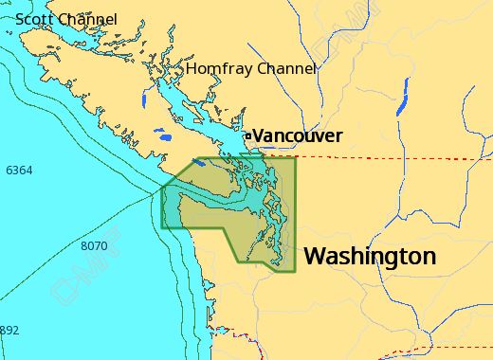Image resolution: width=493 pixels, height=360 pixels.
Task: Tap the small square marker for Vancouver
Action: [x=248, y=136]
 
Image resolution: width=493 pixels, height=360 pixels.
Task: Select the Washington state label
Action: [x=370, y=256]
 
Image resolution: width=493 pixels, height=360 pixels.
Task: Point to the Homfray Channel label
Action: [x=251, y=69]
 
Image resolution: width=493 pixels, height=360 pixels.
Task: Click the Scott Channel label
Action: [x=66, y=19]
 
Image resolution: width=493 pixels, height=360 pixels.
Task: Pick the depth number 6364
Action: [x=19, y=171]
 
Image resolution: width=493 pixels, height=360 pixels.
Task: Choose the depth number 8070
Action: [x=94, y=246]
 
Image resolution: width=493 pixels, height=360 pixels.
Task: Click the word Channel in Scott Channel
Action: [x=88, y=19]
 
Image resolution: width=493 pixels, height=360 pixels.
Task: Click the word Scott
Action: [x=34, y=19]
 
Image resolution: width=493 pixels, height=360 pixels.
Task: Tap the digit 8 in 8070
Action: [x=84, y=246]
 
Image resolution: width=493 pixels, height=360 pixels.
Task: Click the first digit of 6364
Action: [x=9, y=171]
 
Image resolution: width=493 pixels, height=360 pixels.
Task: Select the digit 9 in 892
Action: [x=9, y=331]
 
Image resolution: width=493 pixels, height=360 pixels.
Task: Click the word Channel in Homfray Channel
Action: [x=283, y=69]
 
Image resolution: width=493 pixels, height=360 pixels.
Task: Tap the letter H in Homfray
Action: [x=192, y=69]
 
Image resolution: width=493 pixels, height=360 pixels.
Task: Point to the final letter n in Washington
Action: [x=429, y=257]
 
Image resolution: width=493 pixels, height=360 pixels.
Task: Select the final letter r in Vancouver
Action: [x=338, y=137]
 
